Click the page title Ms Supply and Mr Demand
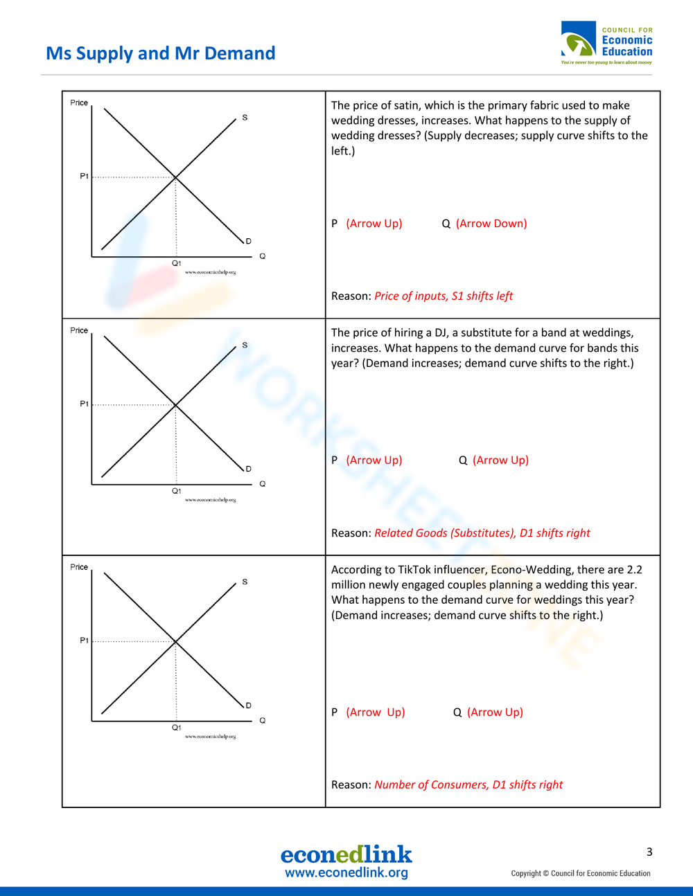pyautogui.click(x=161, y=53)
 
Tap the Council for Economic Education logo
pyautogui.click(x=606, y=43)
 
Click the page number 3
pyautogui.click(x=649, y=852)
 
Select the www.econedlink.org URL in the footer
pyautogui.click(x=346, y=873)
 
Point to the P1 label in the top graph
pyautogui.click(x=84, y=177)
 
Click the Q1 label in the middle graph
pyautogui.click(x=177, y=491)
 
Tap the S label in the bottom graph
pyautogui.click(x=245, y=582)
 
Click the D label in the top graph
pyautogui.click(x=248, y=241)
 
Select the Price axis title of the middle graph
pyautogui.click(x=79, y=330)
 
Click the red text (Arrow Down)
pyautogui.click(x=491, y=224)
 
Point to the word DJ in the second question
pyautogui.click(x=441, y=333)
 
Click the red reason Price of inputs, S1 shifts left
pyautogui.click(x=444, y=296)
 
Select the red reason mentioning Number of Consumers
pyautogui.click(x=468, y=785)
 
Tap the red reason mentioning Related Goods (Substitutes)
pyautogui.click(x=482, y=533)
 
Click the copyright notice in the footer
pyautogui.click(x=581, y=873)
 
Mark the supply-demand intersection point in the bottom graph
pyautogui.click(x=175, y=641)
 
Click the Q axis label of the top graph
pyautogui.click(x=263, y=256)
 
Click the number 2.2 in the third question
pyautogui.click(x=634, y=570)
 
